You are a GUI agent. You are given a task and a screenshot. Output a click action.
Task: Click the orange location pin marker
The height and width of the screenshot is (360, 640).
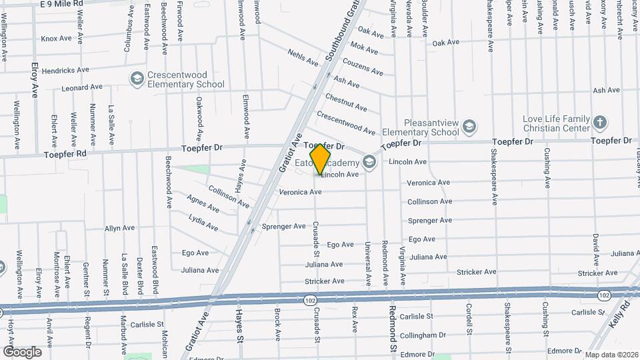(x=321, y=158)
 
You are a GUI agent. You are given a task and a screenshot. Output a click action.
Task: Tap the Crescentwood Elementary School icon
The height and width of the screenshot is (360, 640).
(x=137, y=79)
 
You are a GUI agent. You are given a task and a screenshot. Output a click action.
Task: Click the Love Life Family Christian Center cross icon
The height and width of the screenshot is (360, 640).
(x=600, y=122)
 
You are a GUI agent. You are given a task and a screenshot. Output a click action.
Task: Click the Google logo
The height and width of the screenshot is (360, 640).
(x=22, y=351)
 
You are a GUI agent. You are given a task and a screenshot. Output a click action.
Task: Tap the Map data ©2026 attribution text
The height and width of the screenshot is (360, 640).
(x=611, y=354)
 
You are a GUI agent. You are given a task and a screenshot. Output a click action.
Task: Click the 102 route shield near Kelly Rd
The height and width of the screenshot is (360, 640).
(x=604, y=295)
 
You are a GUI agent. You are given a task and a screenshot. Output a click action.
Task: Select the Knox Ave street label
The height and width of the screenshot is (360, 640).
(x=56, y=39)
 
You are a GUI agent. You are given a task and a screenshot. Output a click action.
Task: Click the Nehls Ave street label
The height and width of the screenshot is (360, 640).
(x=303, y=57)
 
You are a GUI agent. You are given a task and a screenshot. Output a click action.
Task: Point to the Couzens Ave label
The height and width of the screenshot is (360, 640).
(x=363, y=67)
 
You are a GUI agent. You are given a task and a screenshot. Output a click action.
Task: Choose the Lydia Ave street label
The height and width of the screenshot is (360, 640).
(x=203, y=223)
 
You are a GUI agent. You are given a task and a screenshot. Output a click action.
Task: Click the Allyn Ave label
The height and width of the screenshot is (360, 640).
(x=119, y=228)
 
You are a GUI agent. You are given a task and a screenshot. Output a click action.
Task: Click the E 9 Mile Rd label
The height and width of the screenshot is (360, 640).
(x=61, y=3)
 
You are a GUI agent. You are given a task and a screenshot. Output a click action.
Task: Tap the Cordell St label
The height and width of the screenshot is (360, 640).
(x=469, y=319)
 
